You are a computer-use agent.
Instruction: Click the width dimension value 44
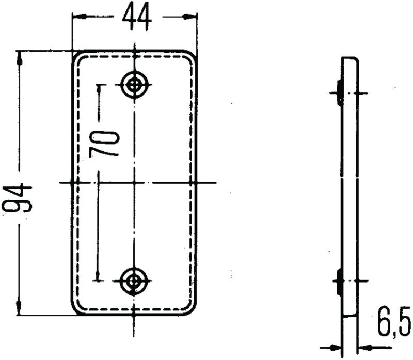137,17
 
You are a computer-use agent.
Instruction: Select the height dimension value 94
19,199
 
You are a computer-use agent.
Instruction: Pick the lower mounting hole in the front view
134,280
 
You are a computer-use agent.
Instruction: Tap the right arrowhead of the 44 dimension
193,17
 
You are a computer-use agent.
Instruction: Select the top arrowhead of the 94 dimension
20,57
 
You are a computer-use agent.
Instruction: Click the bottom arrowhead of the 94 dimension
20,308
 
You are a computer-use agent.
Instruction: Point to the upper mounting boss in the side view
339,92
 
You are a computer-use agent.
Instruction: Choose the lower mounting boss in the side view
339,280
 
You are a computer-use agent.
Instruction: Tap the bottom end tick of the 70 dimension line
99,280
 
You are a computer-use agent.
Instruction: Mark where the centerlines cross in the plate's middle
134,182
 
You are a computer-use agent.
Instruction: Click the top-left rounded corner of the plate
76,55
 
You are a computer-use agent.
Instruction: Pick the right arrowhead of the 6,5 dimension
361,347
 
